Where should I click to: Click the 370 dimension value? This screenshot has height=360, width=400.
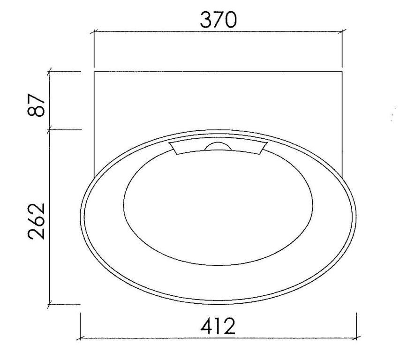(219, 20)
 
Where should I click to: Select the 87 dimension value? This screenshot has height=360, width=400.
(36, 105)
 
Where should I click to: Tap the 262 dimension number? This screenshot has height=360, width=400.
(36, 221)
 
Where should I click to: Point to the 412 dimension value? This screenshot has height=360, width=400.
(218, 326)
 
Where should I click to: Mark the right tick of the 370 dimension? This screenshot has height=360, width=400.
(342, 32)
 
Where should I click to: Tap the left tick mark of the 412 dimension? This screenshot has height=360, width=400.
(80, 338)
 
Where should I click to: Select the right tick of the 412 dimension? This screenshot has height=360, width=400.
(356, 338)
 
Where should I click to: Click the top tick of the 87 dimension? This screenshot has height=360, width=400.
(50, 72)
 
